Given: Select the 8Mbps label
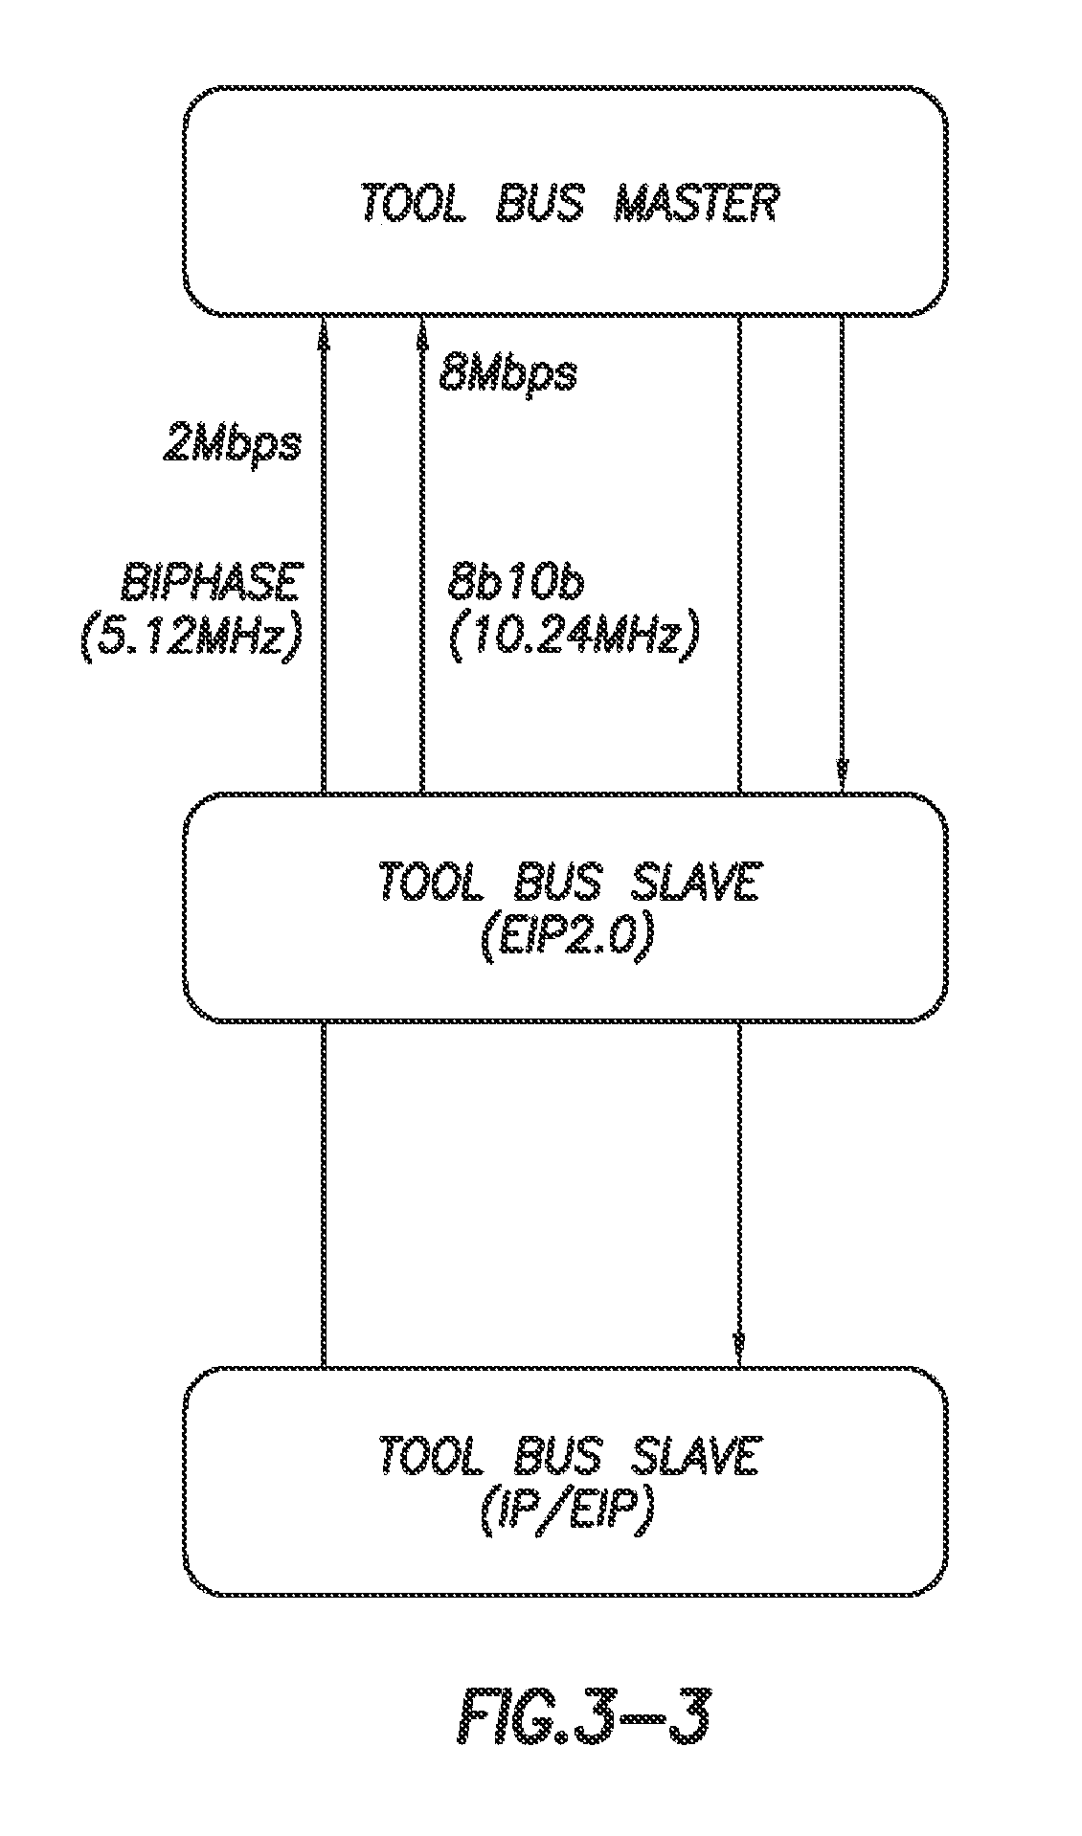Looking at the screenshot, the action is tap(508, 371).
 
